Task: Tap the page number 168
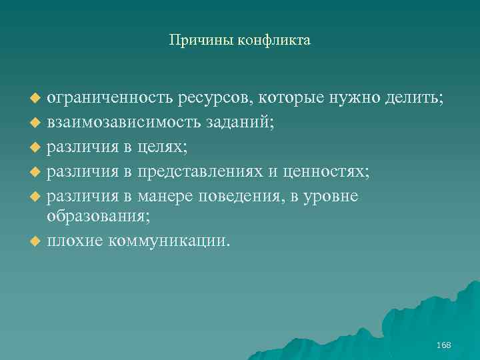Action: click(443, 345)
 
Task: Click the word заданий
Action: click(243, 123)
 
